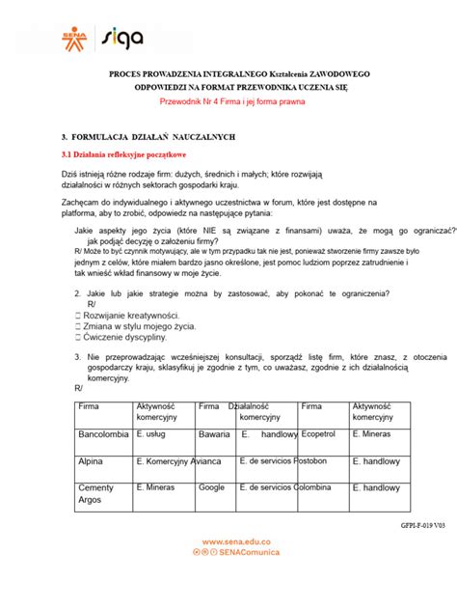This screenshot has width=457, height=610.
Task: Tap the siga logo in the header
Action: point(122,39)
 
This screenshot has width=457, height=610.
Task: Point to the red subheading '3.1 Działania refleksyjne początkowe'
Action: point(123,154)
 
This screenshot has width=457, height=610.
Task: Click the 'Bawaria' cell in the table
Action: point(214,435)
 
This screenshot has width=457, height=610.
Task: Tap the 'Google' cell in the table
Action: point(212,488)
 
